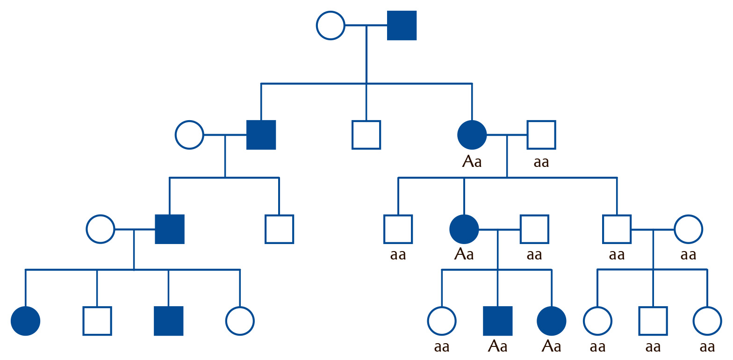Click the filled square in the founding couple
(402, 26)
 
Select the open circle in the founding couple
(331, 26)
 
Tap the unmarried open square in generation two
(366, 135)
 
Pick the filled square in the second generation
(261, 135)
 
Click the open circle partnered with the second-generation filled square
(189, 135)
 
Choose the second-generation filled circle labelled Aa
(472, 135)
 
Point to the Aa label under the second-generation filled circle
(472, 162)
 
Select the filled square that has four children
(170, 230)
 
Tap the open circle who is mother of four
(101, 230)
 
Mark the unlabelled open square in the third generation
(279, 230)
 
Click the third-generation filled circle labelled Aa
(464, 230)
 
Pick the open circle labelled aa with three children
(689, 230)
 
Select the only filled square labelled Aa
(498, 321)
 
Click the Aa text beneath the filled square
(498, 346)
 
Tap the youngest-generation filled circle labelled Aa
(552, 321)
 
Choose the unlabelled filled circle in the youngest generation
(26, 321)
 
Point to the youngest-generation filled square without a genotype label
(168, 321)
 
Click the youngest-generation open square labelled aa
(653, 321)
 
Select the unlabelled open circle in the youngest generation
(240, 321)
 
